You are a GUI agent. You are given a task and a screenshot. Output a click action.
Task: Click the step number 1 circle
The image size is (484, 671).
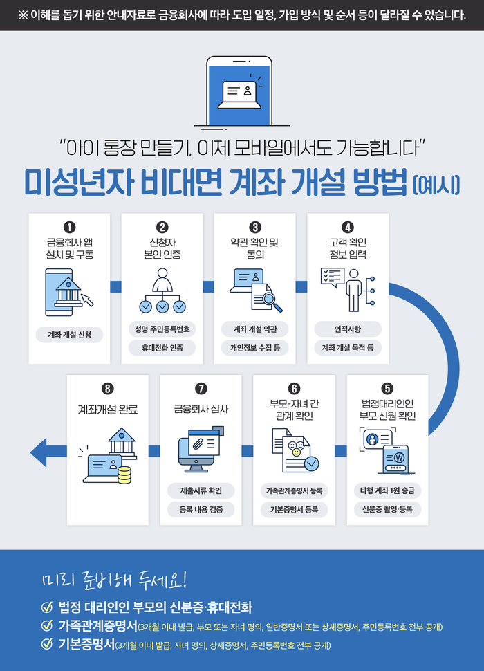pyautogui.click(x=69, y=227)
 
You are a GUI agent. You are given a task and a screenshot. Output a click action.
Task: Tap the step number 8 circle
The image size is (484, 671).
pyautogui.click(x=108, y=389)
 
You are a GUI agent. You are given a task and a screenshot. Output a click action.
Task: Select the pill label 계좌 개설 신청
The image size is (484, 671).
pyautogui.click(x=69, y=335)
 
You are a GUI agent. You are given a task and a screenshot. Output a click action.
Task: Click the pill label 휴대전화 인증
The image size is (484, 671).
pyautogui.click(x=162, y=348)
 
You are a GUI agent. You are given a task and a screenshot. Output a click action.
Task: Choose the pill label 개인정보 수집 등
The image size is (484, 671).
pyautogui.click(x=254, y=348)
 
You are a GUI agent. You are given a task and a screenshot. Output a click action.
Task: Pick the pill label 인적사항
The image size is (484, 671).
pyautogui.click(x=347, y=328)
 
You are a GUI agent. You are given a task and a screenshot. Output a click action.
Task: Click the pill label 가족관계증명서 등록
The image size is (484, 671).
pyautogui.click(x=294, y=490)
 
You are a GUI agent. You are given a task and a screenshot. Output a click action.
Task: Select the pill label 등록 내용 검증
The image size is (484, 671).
pyautogui.click(x=201, y=510)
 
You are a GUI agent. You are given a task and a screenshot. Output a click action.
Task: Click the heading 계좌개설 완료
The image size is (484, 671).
pyautogui.click(x=108, y=410)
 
